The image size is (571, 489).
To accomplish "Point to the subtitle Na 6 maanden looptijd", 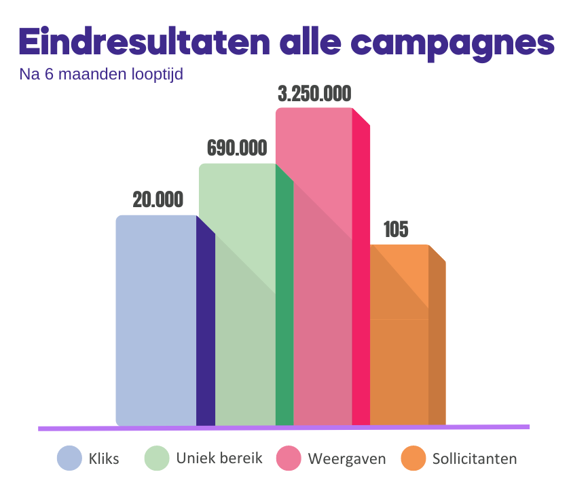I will pyautogui.click(x=101, y=74).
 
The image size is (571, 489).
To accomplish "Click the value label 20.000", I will pyautogui.click(x=158, y=200).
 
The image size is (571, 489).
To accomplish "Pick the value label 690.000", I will pyautogui.click(x=236, y=148).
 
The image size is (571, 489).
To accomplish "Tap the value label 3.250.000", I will pyautogui.click(x=314, y=94).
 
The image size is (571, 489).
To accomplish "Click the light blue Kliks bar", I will pyautogui.click(x=156, y=319).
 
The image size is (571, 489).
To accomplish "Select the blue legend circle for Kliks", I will pyautogui.click(x=69, y=458).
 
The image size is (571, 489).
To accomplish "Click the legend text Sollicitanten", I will pyautogui.click(x=475, y=459).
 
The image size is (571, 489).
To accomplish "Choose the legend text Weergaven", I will pyautogui.click(x=347, y=459).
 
